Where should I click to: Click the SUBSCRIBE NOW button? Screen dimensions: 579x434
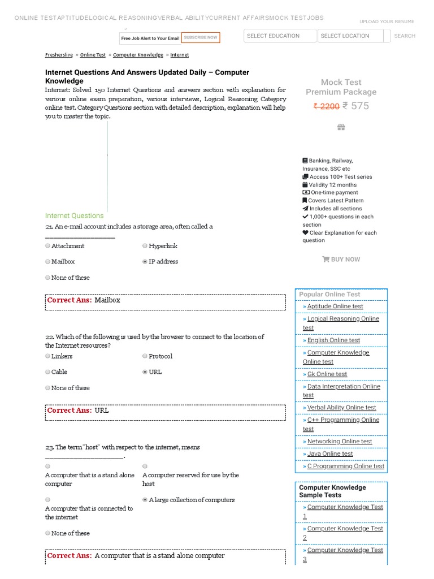201,38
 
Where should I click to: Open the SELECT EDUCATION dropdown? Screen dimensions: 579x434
280,36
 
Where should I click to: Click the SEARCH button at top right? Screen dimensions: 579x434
405,36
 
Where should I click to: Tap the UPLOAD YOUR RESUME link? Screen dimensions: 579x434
387,21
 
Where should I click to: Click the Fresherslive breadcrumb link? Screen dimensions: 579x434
59,55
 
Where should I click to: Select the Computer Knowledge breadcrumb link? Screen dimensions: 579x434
138,55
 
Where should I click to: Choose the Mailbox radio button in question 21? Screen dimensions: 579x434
48,262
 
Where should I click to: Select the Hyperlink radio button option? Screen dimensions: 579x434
145,246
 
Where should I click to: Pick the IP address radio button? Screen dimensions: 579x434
145,262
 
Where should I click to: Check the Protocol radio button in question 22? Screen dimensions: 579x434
145,356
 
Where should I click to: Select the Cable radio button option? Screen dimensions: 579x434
48,372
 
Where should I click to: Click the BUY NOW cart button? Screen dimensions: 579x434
341,260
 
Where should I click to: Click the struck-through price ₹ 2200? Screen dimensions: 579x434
327,106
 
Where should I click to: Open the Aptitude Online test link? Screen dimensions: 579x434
335,306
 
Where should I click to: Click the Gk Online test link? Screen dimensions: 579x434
327,374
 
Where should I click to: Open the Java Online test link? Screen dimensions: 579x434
329,453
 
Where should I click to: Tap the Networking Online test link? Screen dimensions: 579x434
339,442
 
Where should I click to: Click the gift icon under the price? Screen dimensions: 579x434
341,127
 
